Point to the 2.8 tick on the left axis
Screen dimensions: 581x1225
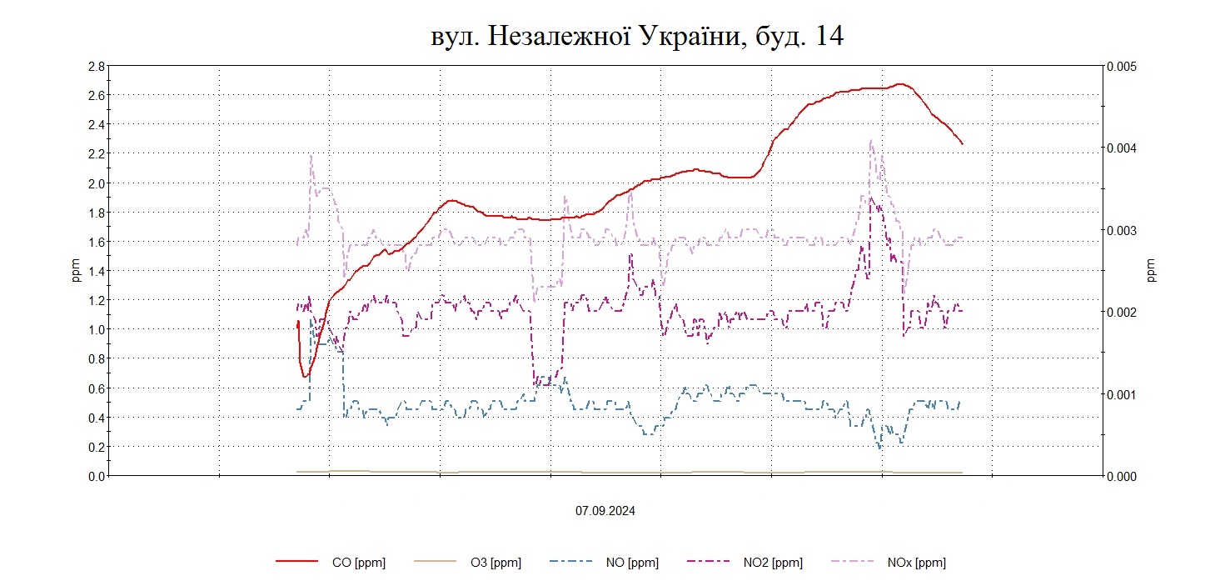point(95,66)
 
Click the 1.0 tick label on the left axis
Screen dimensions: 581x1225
point(95,329)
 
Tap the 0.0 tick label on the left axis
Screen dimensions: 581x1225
point(95,476)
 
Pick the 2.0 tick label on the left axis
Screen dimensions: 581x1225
point(95,183)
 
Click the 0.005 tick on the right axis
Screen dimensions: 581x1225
point(1122,66)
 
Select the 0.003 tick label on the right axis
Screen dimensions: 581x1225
point(1122,230)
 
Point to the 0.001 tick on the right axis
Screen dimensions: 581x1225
point(1122,394)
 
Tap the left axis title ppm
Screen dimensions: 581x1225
point(77,270)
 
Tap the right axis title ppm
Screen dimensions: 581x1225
point(1152,270)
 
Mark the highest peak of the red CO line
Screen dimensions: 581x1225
point(899,83)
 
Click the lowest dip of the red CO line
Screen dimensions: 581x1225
point(305,377)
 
